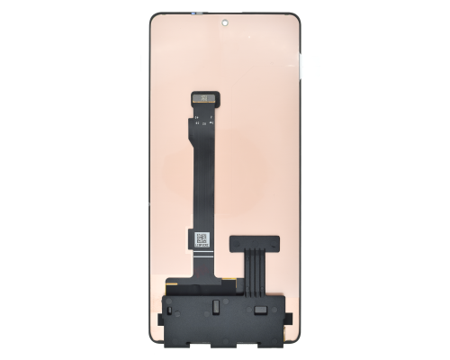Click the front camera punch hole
pos(224,20)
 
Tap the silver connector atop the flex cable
pos(203,96)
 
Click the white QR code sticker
pos(202,239)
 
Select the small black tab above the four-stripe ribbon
pos(254,242)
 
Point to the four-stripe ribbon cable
pos(254,271)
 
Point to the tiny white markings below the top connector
pos(203,114)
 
